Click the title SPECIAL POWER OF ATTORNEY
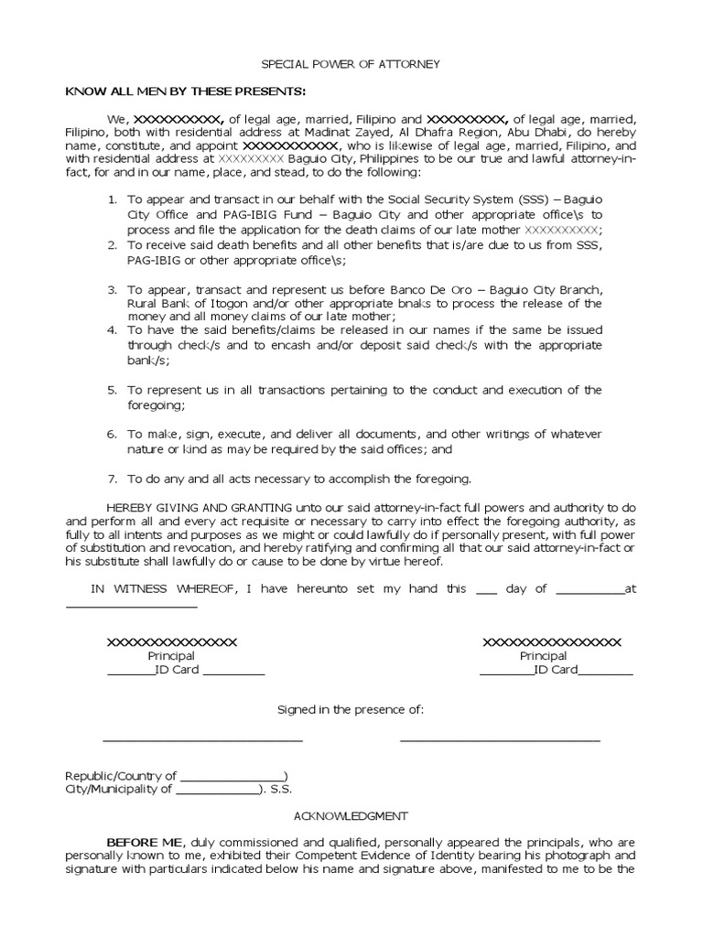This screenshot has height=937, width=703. pos(351,64)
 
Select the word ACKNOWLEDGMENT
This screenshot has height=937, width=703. pos(351,815)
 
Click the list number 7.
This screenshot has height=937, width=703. pos(113,478)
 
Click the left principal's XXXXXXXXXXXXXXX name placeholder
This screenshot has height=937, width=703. pos(172,642)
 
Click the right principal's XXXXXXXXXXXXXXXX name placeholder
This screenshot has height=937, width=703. pos(552,642)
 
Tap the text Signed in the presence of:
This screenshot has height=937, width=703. pos(351,710)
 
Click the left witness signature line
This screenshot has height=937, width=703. pos(202,739)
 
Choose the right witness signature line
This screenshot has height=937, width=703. pos(500,739)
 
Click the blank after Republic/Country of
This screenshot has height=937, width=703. pos(233,776)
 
